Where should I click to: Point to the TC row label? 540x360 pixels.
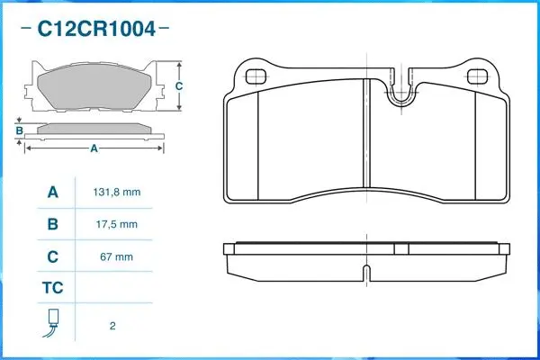[52, 289]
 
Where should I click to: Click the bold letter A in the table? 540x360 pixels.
[52, 193]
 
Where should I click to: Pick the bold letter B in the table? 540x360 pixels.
[52, 224]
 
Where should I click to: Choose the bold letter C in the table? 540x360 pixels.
[52, 256]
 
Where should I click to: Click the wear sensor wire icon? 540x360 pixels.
[52, 323]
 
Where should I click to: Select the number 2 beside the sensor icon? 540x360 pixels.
[112, 325]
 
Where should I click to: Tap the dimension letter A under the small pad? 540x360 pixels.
[94, 149]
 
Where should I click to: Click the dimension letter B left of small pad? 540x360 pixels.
[19, 131]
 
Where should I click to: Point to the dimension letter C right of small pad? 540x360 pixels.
[179, 86]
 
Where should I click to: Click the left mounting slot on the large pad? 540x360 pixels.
[256, 76]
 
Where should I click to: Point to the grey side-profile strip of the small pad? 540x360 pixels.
[94, 128]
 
